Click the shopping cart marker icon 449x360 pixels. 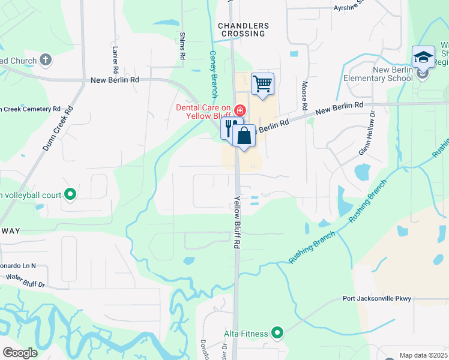click(262, 84)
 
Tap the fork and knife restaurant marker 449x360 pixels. click(229, 127)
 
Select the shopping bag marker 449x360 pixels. click(244, 135)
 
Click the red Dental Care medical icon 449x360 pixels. click(240, 110)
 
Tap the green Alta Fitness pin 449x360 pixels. click(277, 332)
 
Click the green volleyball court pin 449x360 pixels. click(70, 194)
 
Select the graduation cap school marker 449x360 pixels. click(423, 57)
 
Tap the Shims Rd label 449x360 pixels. click(182, 46)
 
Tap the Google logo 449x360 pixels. click(20, 353)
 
